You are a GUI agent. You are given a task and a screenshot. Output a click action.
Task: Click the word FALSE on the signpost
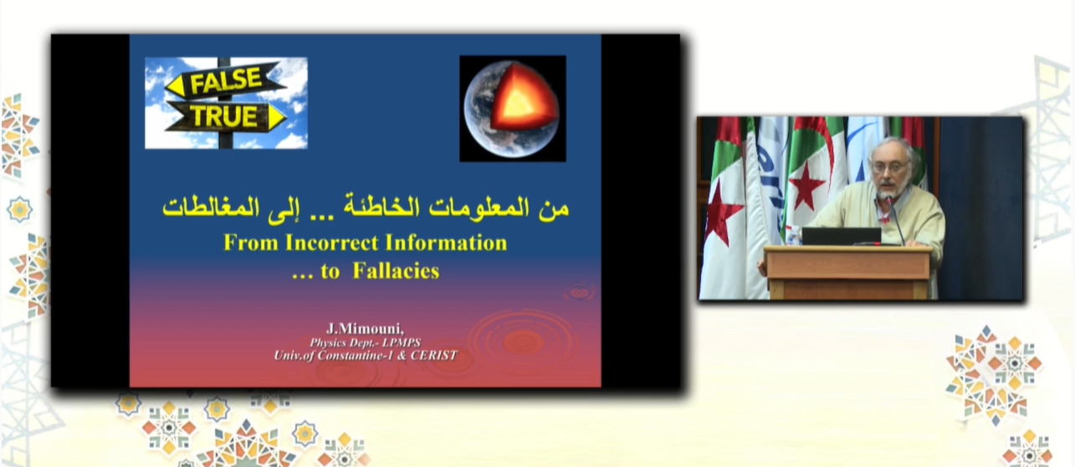pos(226,80)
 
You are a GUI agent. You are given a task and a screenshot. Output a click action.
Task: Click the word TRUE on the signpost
pos(223,116)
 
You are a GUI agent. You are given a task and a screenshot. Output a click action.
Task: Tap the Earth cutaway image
pos(513,109)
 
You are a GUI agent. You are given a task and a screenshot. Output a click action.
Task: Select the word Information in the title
pos(446,243)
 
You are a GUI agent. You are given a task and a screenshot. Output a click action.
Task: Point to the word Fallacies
pos(396,271)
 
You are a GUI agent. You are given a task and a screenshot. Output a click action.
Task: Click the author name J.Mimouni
pos(365,329)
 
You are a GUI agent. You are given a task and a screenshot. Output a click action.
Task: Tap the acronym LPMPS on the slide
pos(402,342)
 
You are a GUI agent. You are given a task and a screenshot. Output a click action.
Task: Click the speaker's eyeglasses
pos(891,167)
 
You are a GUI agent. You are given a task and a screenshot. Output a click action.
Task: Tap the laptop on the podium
pos(842,236)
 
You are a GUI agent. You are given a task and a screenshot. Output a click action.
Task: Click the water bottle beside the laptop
pos(792,236)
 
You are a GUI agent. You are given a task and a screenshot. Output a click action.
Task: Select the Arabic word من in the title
pos(554,208)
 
